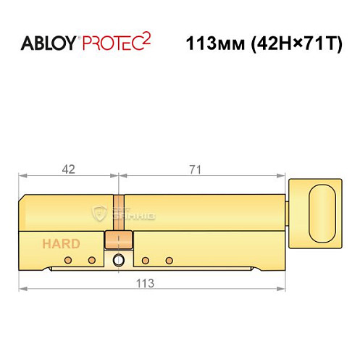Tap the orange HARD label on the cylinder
[61, 244]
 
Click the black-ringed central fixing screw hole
[118, 260]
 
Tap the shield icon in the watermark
[101, 212]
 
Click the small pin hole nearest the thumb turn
[169, 260]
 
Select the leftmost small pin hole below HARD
[67, 260]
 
